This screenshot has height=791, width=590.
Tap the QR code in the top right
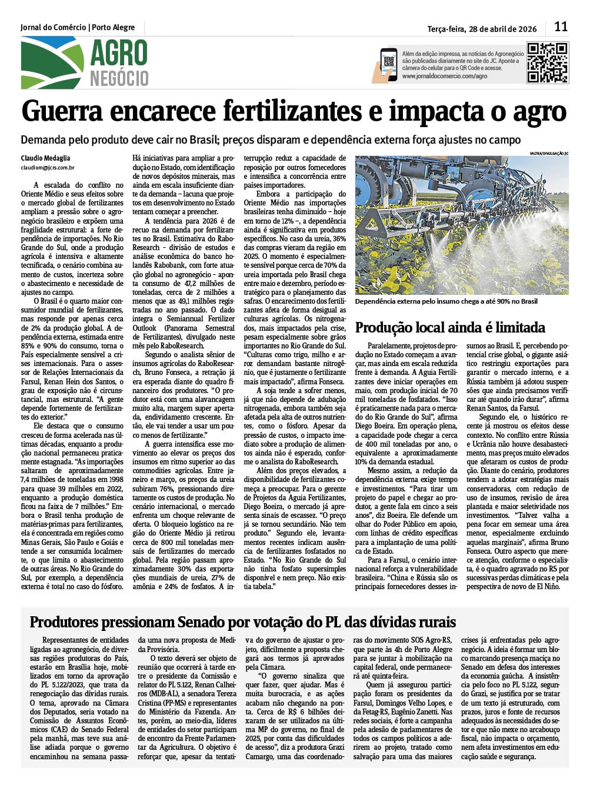[547, 62]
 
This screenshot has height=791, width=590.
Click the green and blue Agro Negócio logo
[52, 63]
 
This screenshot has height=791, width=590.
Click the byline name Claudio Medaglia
[45, 158]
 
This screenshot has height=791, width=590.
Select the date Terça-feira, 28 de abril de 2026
[482, 28]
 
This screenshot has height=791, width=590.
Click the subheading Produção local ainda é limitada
[450, 327]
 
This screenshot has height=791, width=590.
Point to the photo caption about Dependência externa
[446, 301]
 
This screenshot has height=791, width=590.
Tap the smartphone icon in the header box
[388, 64]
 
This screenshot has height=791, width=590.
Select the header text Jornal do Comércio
[53, 27]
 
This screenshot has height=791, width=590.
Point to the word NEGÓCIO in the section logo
[119, 78]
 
